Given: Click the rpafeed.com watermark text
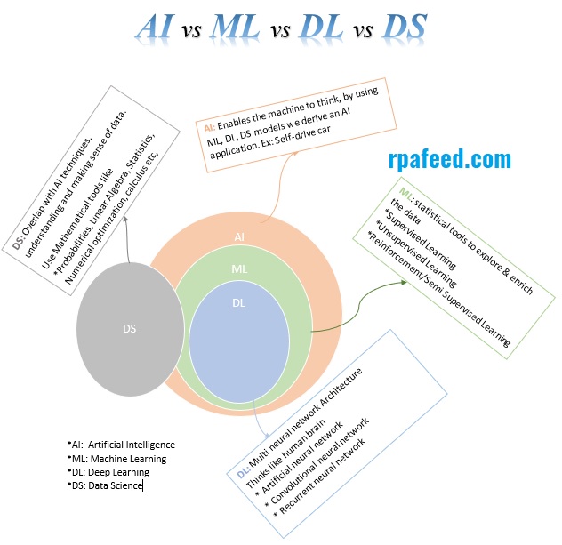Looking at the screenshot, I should pos(450,159).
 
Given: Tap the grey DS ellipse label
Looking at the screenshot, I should pos(130,327).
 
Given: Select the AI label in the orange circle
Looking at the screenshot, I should pos(239,237).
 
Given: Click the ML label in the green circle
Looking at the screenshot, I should pos(239,268).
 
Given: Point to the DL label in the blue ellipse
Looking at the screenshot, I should pos(239,303).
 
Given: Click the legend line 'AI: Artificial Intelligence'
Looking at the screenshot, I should pos(122,445).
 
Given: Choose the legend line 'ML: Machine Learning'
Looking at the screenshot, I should pos(117,459).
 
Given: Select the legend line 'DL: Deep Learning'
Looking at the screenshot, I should pos(109,472).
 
